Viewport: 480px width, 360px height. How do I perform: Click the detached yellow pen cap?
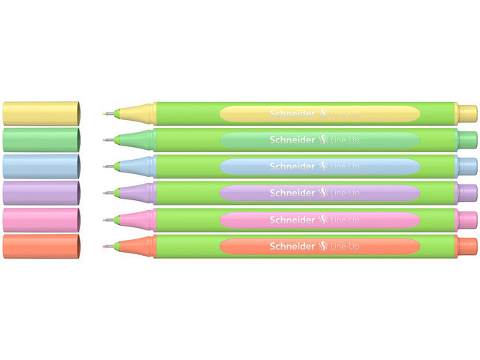click(42, 112)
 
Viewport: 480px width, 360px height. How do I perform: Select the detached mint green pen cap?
click(42, 139)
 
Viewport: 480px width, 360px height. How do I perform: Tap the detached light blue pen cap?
click(42, 166)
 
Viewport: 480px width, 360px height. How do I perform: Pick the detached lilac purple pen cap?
click(42, 193)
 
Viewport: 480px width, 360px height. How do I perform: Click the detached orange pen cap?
click(42, 247)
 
